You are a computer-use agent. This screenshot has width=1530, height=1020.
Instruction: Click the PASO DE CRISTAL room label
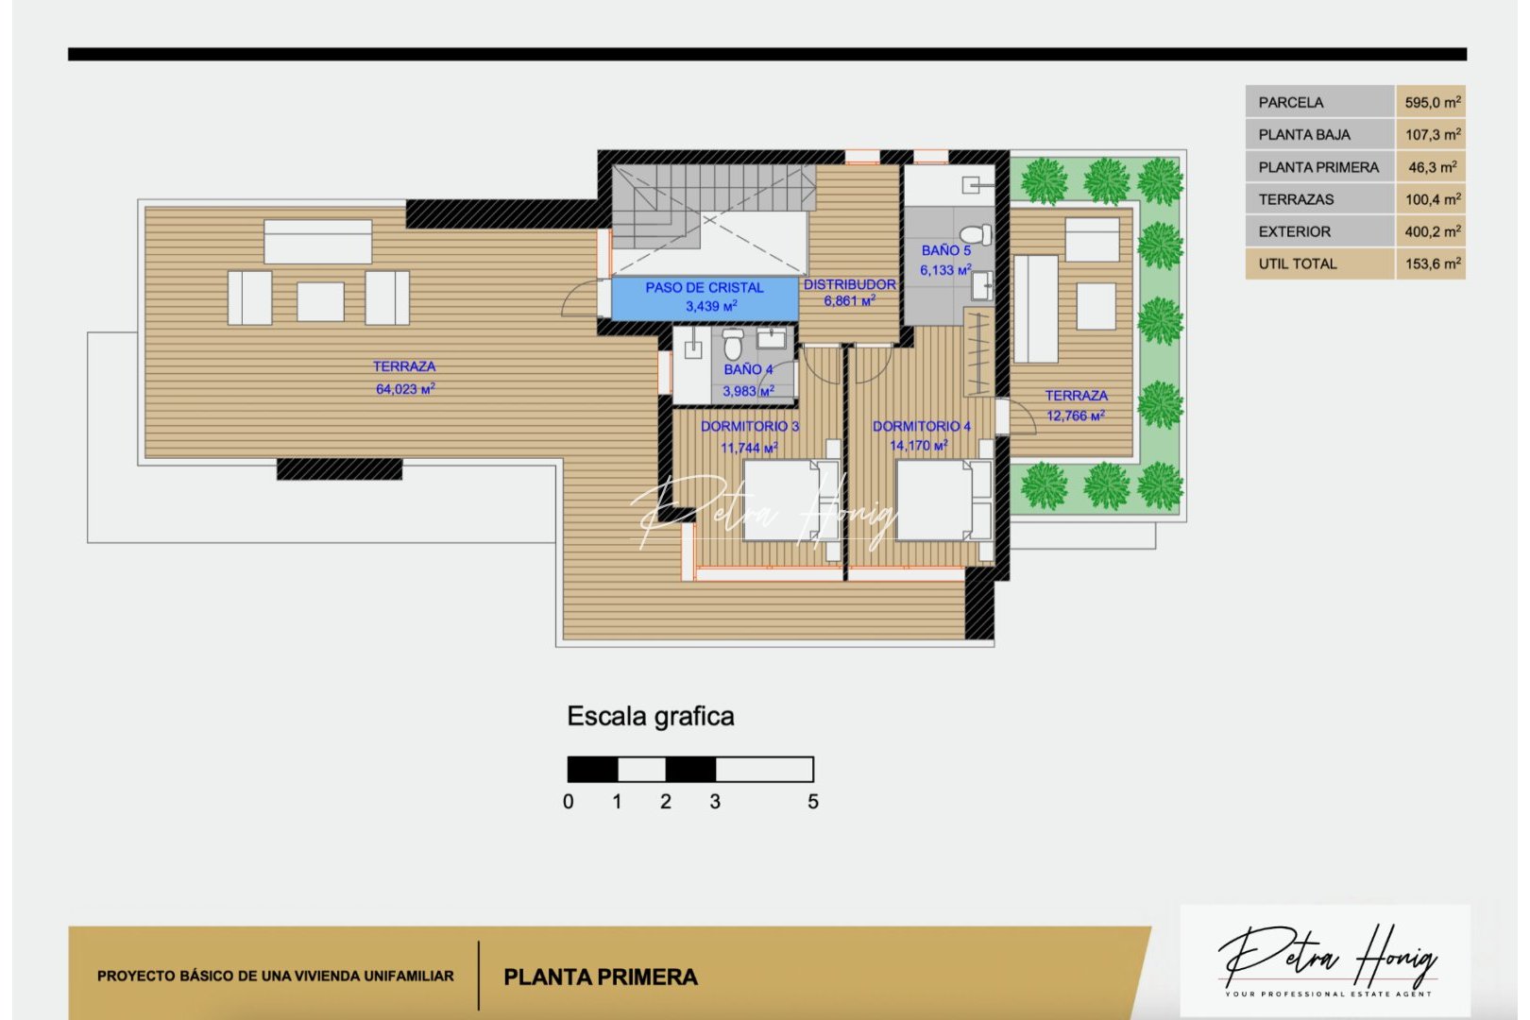[x=705, y=287]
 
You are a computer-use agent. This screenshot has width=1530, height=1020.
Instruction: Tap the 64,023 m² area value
[x=405, y=389]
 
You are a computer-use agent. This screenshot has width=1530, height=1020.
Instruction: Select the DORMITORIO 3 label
[x=749, y=427]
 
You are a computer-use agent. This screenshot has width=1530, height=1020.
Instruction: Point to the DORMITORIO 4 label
[x=921, y=427]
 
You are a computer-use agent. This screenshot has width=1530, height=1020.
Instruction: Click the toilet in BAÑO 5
[x=975, y=233]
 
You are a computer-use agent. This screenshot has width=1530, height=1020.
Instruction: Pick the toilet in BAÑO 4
[x=733, y=344]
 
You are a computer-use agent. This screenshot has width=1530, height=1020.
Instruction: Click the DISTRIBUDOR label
[x=849, y=284]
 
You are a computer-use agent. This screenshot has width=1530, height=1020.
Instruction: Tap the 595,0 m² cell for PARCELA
[x=1432, y=102]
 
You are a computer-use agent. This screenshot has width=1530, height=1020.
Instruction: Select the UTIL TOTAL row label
[x=1297, y=264]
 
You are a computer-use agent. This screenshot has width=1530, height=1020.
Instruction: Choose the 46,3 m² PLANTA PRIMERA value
[x=1432, y=167]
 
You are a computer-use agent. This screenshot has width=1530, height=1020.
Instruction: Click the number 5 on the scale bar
[x=813, y=802]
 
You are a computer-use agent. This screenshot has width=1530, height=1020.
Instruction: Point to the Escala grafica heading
[x=650, y=717]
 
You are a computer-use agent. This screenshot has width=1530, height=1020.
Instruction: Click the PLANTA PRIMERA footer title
[x=601, y=977]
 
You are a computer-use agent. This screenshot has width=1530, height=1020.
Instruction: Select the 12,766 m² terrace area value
[x=1075, y=416]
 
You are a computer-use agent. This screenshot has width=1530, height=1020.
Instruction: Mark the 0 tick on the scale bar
[x=568, y=802]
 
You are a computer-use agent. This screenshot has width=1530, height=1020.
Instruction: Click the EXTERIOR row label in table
[x=1294, y=232]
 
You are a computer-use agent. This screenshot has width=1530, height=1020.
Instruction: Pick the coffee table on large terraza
[x=320, y=301]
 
